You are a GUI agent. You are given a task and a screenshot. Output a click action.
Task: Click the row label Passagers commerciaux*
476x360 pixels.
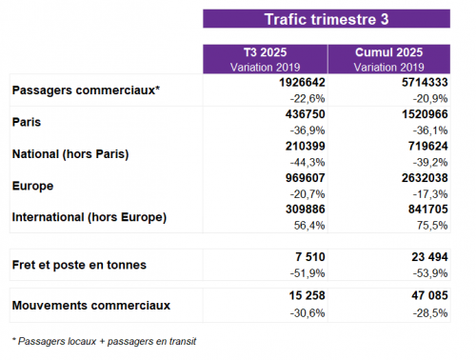point(86,90)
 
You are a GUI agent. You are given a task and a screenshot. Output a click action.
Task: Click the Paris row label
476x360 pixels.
point(27,122)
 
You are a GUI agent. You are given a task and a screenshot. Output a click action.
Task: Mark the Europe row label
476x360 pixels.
point(32,185)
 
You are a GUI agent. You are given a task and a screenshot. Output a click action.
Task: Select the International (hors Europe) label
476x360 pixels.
point(89,217)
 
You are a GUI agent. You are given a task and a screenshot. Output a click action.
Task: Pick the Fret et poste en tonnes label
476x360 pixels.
point(77,263)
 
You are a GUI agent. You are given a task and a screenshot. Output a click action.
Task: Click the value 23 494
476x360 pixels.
point(424,257)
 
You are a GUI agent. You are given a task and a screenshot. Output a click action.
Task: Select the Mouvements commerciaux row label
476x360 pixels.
point(91,305)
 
